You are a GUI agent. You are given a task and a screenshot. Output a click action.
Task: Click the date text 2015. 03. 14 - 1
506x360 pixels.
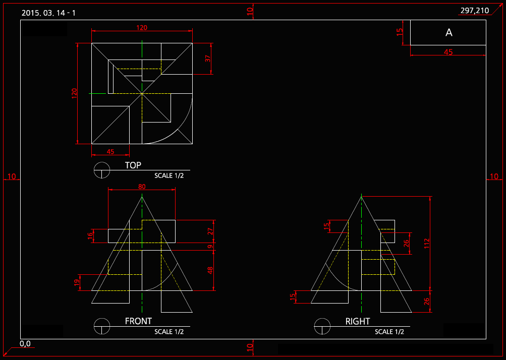pos(49,13)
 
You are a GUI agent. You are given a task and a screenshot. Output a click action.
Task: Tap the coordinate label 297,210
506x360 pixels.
pos(475,11)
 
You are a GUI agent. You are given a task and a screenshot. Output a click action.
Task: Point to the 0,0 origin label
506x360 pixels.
pos(25,344)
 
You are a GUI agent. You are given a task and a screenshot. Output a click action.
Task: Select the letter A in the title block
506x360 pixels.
pos(449,33)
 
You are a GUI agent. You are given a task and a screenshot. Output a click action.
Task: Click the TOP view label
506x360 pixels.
pos(133,165)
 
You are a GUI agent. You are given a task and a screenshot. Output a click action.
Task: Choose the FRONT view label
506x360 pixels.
pos(138,321)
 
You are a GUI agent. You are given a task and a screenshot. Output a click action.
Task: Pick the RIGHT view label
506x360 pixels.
pos(358,321)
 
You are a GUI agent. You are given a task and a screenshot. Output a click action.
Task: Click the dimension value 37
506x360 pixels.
pos(208,58)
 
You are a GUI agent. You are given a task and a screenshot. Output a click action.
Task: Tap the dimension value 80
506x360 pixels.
pos(142,187)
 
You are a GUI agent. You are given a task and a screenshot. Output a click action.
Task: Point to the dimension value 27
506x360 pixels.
pos(211,231)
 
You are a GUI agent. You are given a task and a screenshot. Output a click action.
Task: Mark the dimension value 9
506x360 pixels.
pos(211,247)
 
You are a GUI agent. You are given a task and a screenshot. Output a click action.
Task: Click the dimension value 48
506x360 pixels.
pos(211,270)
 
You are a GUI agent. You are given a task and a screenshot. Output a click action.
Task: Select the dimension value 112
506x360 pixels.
pos(427,243)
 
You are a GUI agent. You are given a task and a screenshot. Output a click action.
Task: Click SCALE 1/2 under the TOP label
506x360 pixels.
pos(170,176)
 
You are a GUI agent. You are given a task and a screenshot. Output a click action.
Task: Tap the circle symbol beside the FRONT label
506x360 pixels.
pos(102,326)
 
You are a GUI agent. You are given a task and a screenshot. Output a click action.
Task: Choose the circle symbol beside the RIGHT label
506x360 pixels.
pos(322,326)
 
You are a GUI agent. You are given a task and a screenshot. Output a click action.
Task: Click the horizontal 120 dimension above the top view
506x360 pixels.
pos(142,28)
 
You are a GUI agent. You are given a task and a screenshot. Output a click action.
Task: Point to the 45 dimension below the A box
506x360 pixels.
pos(448,52)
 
